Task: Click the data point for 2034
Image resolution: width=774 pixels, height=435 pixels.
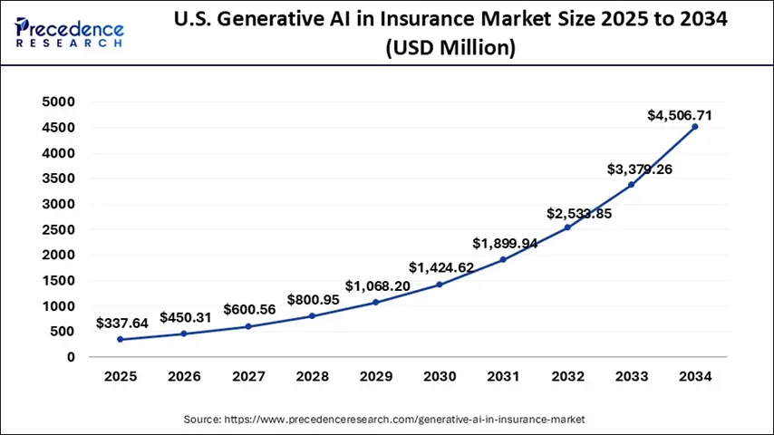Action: tap(695, 127)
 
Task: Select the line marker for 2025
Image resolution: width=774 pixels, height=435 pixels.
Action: tap(121, 340)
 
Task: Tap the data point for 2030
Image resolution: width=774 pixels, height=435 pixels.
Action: tap(440, 285)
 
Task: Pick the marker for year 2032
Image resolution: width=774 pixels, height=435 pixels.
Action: tap(567, 227)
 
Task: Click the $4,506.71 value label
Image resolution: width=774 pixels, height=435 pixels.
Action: tap(679, 115)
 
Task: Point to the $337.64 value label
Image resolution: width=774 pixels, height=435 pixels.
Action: tap(127, 323)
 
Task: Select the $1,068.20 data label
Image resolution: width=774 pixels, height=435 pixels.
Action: tap(378, 285)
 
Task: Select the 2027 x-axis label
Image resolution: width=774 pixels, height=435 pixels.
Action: tap(248, 376)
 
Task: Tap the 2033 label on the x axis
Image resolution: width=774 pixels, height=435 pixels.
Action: tap(631, 376)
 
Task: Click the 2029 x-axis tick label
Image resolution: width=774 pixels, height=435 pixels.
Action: tap(376, 376)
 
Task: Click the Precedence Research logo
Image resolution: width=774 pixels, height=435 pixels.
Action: tap(71, 34)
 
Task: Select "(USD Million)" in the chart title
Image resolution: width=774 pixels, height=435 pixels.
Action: tap(450, 49)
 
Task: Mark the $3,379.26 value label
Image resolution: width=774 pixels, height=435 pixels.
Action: tap(641, 169)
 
